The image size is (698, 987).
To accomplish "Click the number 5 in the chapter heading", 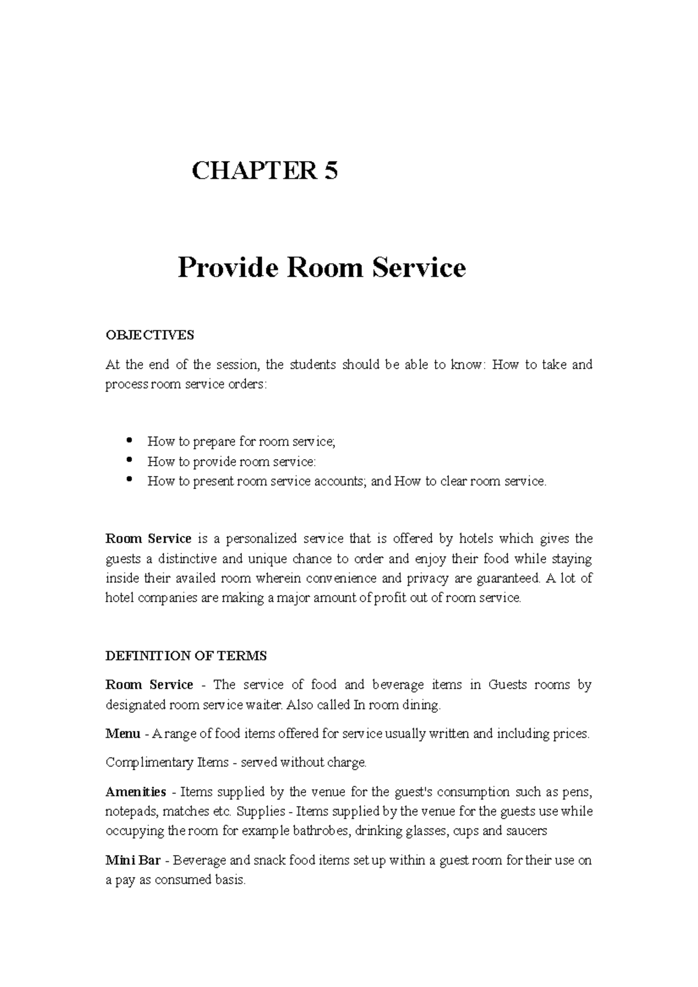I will click(x=331, y=171).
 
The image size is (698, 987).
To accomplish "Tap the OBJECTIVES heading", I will click(x=149, y=335).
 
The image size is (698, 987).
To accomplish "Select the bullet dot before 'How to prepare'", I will click(x=129, y=440).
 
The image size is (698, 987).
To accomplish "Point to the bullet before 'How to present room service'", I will click(x=129, y=480).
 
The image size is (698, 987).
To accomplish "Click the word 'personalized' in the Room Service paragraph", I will click(x=261, y=539).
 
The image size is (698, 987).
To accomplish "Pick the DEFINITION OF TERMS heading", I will click(x=186, y=656).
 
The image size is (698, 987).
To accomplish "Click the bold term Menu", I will click(x=123, y=734).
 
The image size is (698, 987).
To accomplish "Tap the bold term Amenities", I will click(x=136, y=792).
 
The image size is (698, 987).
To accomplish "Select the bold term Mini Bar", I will click(x=133, y=860).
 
